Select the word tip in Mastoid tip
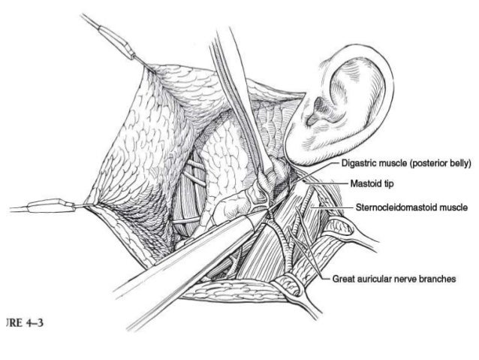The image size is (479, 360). pos(388,183)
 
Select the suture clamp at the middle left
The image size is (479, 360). pos(49,204)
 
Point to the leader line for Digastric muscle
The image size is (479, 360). pos(319,168)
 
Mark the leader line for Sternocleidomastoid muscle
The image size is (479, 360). pos(330,204)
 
